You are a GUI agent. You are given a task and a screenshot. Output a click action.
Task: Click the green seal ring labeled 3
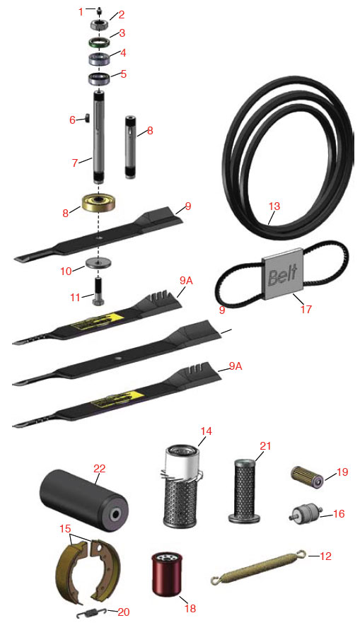pyautogui.click(x=98, y=42)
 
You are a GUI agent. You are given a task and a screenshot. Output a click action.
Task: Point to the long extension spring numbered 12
pyautogui.click(x=256, y=570)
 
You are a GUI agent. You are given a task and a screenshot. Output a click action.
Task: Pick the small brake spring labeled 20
pyautogui.click(x=92, y=613)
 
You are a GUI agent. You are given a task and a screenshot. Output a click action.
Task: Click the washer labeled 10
pyautogui.click(x=98, y=264)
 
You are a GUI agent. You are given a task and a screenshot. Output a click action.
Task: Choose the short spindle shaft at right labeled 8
pyautogui.click(x=132, y=146)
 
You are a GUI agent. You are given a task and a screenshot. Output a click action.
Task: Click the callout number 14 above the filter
pyautogui.click(x=207, y=431)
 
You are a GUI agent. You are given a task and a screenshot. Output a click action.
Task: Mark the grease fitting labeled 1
pyautogui.click(x=98, y=8)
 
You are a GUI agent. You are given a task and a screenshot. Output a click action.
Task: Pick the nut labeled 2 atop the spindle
pyautogui.click(x=99, y=24)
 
